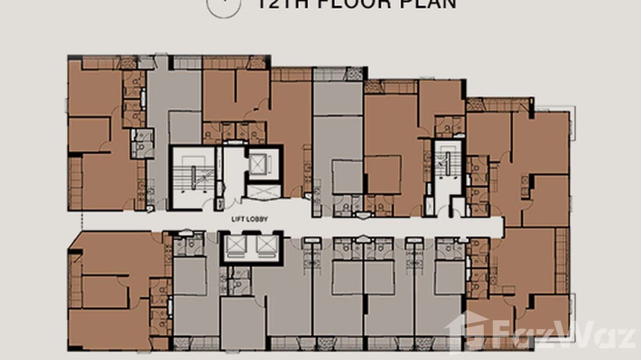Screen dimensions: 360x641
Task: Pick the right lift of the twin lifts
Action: tap(265, 244)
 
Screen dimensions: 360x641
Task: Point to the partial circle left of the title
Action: tap(223, 7)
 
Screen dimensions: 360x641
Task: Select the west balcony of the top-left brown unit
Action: tap(75, 183)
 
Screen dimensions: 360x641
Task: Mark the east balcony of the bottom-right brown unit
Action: tap(562, 260)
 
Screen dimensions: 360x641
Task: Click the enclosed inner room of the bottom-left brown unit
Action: tap(105, 292)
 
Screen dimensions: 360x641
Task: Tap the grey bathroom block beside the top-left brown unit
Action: tap(142, 142)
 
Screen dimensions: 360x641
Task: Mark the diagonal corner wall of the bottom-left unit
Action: tap(75, 241)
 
